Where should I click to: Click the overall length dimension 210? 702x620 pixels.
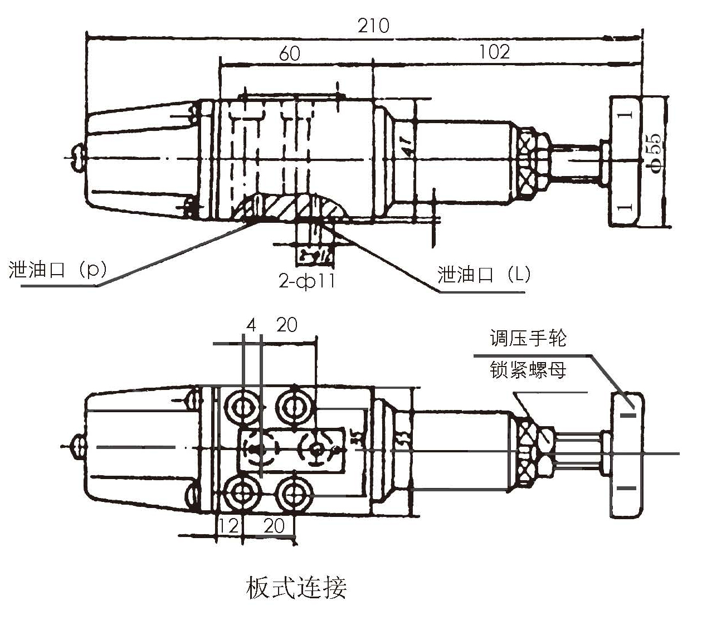373,26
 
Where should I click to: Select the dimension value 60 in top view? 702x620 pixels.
289,53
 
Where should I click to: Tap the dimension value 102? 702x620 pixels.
494,52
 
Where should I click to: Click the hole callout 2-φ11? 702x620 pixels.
307,281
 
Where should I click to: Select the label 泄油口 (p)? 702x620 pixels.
57,270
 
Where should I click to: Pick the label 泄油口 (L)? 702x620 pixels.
484,274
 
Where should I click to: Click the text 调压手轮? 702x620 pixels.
528,338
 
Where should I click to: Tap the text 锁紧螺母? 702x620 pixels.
528,369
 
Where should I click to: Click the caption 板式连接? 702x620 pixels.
296,587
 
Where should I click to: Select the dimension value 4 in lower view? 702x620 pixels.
251,325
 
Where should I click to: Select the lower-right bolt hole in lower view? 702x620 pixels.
293,492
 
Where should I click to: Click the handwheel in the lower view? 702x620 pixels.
627,454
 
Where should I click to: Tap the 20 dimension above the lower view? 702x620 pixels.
286,325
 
